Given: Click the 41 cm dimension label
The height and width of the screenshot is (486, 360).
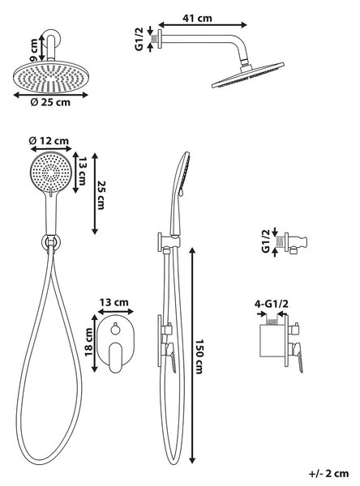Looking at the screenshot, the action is tap(197, 18).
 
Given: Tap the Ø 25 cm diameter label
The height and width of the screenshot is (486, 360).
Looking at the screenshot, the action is tap(50, 102).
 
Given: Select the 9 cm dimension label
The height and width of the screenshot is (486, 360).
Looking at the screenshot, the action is tap(34, 50).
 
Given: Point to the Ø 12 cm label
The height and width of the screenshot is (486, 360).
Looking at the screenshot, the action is tap(49, 141).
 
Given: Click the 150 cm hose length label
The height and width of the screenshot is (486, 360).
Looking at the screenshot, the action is tap(199, 356).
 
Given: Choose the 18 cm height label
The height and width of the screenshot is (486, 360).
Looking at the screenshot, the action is tap(89, 342).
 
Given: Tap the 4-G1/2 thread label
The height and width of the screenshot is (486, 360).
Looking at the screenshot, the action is tap(272, 304).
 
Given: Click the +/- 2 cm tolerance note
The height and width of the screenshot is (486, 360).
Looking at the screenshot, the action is tap(328, 474).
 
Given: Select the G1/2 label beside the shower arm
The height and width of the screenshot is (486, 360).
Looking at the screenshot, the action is tap(139, 39).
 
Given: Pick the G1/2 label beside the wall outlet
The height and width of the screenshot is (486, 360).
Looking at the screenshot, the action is tap(266, 241).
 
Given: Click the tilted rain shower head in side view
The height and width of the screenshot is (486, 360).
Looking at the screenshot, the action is tap(248, 75).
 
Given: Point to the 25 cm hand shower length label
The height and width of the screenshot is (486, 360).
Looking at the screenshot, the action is tap(101, 195).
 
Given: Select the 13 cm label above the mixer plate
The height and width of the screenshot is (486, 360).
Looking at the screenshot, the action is tap(114, 302).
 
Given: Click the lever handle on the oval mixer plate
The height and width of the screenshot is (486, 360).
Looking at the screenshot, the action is tap(115, 357).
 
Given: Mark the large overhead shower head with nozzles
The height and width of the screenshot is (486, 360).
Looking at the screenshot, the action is tap(51, 78).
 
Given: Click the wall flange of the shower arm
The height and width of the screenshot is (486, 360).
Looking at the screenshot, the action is tap(160, 39).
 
